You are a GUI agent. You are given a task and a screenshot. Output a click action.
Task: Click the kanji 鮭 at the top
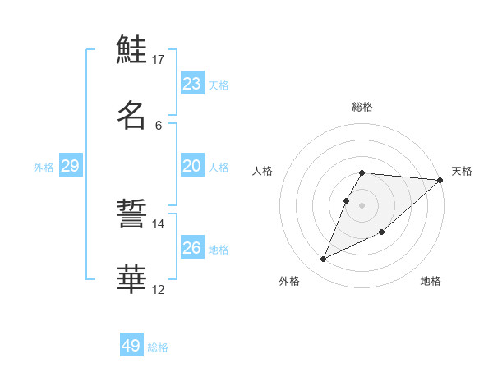pos(131,49)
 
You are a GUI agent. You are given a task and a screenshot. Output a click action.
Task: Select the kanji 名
pos(131,114)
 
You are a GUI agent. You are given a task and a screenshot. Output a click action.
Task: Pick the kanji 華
pos(131,279)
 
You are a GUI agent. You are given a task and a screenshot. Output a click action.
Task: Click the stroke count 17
pos(159,60)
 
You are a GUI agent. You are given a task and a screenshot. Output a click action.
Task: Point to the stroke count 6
pos(159,125)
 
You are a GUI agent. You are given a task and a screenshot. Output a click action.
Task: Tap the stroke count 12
pos(159,289)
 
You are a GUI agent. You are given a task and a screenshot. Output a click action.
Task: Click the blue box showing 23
pos(192,84)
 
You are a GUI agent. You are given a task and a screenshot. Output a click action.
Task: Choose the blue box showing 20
pos(192,166)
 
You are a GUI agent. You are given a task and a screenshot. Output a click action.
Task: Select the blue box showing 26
pos(192,248)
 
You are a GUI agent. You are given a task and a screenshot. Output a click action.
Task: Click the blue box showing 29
pos(70,166)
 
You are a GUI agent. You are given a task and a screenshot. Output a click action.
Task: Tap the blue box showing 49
pos(131,346)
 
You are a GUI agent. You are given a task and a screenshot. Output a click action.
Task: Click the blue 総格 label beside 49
pos(159,347)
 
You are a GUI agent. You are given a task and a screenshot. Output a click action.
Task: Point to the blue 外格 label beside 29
pos(44,168)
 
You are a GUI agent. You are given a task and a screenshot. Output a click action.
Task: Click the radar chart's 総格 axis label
pos(362,107)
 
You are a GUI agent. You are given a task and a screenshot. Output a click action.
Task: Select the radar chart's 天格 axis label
pos(463,171)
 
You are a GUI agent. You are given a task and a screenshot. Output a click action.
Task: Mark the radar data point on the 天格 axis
pos(440,180)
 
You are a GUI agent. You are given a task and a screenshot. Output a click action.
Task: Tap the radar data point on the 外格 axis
pos(324,260)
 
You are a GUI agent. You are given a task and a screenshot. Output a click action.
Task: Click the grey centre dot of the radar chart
pos(362,204)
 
